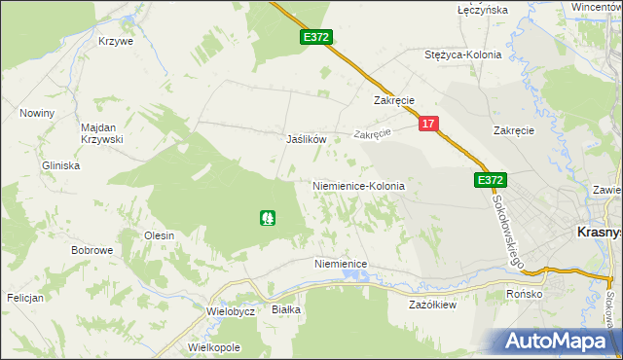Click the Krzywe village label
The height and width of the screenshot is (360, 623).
pos(115,42)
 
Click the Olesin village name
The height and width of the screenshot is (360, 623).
pos(159,235)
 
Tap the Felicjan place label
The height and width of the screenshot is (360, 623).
pos(25,298)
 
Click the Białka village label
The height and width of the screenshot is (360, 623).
pos(286,309)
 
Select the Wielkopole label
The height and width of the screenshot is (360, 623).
pos(213,347)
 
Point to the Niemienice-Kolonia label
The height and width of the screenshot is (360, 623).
pos(357,185)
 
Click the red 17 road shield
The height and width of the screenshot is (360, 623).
pos(430,125)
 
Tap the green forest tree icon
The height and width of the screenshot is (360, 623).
pos(268,218)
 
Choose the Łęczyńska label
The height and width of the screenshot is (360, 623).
pos(483,10)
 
